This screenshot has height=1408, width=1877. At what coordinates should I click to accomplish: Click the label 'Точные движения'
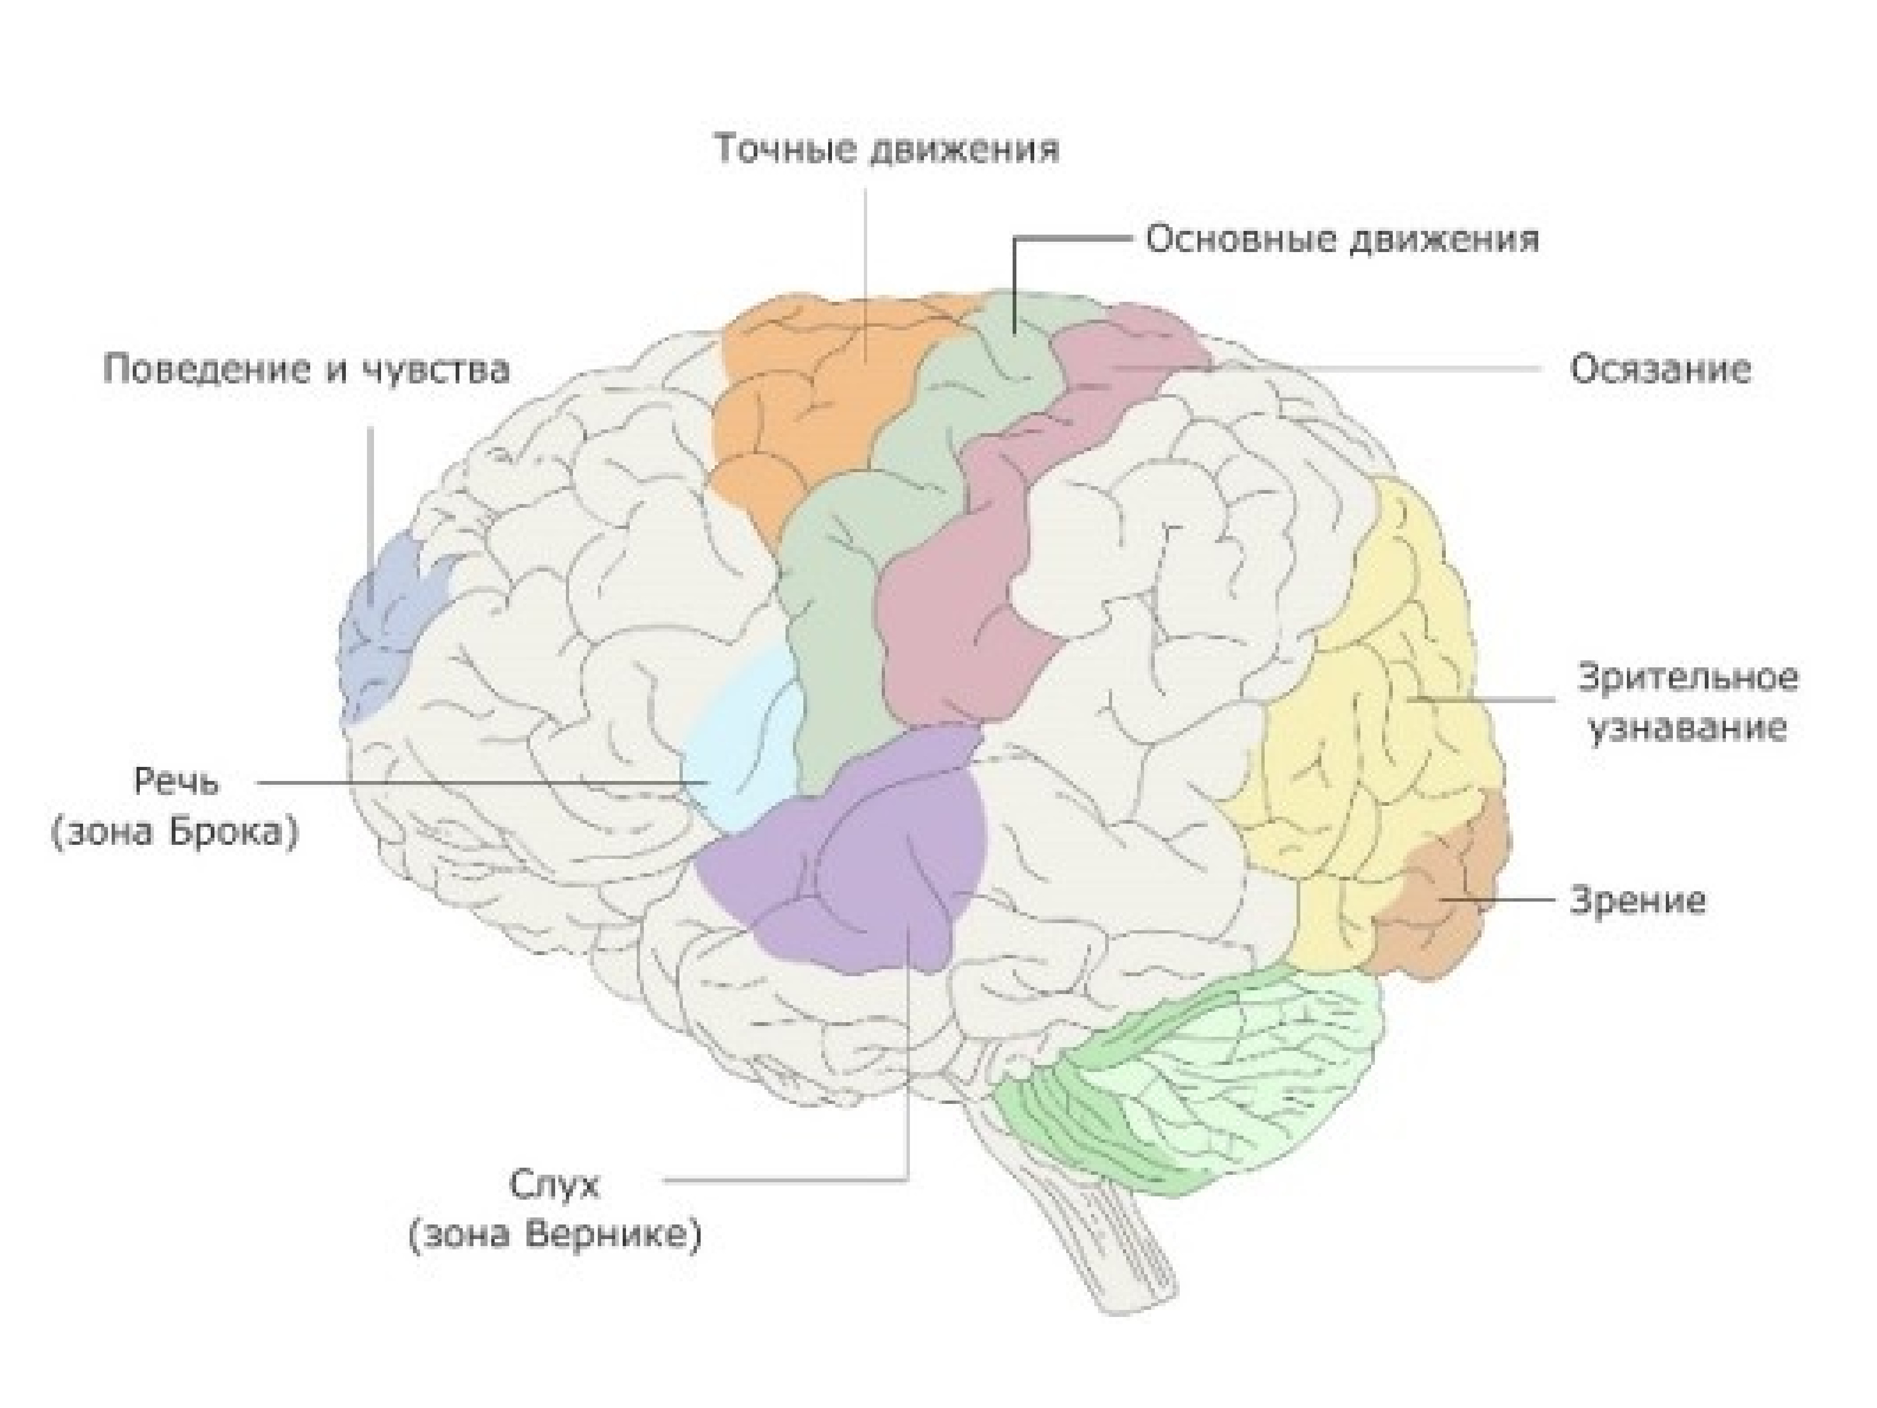(887, 149)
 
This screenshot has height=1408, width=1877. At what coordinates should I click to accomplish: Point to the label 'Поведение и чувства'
(306, 370)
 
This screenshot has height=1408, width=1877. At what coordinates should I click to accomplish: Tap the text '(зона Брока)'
(175, 832)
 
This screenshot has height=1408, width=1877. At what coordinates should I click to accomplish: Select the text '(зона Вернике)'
(555, 1235)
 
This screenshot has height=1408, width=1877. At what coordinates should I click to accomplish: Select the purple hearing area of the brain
(848, 857)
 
